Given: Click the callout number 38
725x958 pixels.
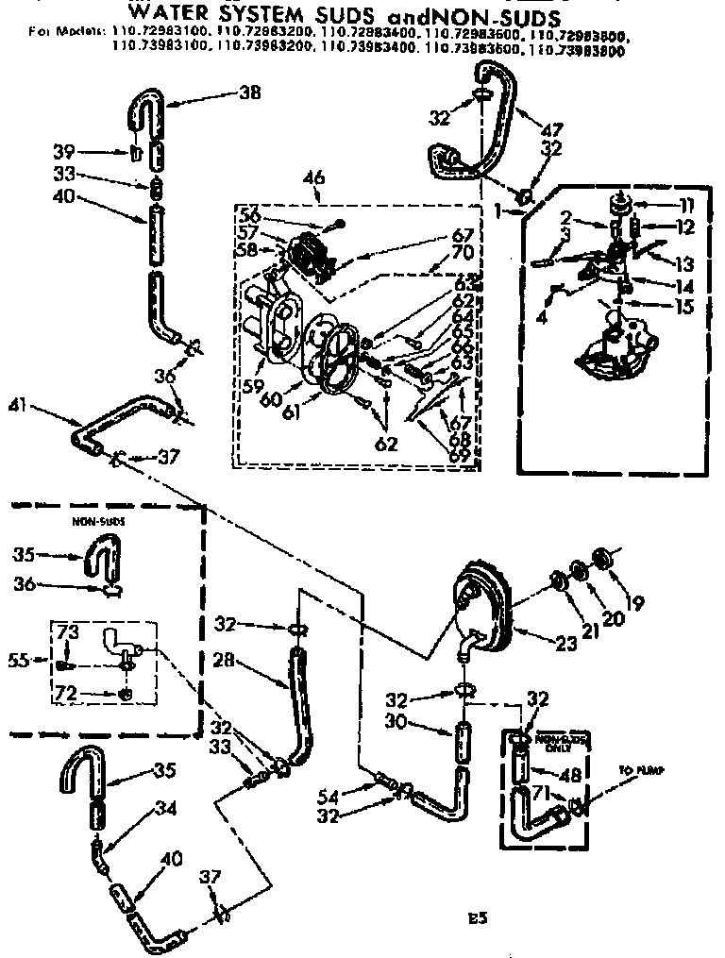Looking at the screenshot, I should pyautogui.click(x=248, y=92).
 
